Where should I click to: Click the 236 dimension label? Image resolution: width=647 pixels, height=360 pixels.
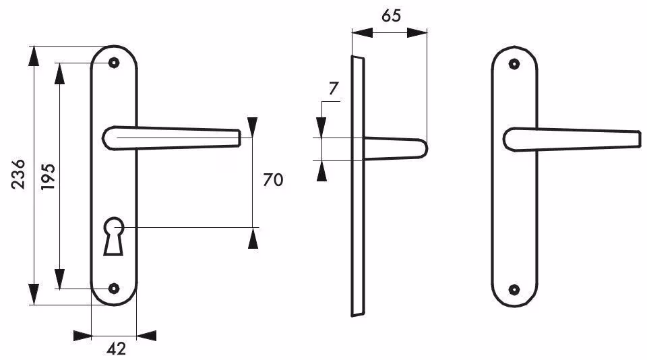18,174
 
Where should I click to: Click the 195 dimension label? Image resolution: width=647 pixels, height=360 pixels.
48,177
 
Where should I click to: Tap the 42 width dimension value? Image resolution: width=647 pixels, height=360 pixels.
117,349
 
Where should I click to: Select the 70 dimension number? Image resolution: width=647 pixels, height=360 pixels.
273,180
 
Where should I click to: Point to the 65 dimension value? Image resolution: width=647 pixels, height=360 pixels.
391,16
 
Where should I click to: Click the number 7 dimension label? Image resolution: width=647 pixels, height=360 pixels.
334,89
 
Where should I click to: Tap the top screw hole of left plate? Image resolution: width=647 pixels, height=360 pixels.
113,63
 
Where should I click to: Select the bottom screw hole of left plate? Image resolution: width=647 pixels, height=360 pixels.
113,288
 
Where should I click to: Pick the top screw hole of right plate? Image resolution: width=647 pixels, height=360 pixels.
514,64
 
